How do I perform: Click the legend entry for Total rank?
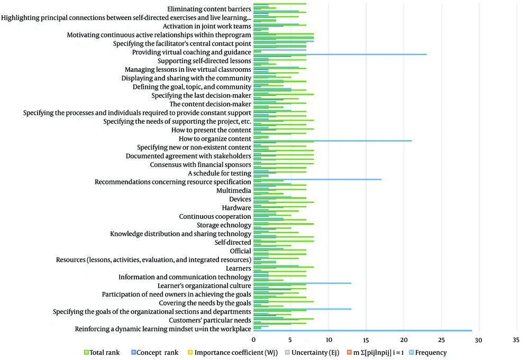pos(102,353)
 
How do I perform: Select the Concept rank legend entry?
pos(155,353)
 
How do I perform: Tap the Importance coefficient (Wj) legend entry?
pos(233,353)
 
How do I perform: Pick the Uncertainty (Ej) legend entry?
pos(312,353)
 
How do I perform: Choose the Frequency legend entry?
pos(428,353)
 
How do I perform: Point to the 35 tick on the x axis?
pos(516,340)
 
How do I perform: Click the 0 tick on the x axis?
pos(254,340)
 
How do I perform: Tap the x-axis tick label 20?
pos(404,340)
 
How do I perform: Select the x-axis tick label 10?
pos(329,340)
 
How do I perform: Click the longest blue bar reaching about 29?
pos(363,331)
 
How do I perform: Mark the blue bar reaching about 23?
pos(340,54)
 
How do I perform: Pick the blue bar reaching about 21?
pos(333,141)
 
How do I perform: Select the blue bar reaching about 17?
pos(317,180)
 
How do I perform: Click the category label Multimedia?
pos(234,190)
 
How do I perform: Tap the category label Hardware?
pos(236,208)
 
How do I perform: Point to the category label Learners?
pos(239,269)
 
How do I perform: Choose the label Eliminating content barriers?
pos(209,9)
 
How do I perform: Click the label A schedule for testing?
pos(220,173)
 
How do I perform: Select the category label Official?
pos(241,251)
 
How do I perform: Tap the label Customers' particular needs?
pos(210,320)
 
